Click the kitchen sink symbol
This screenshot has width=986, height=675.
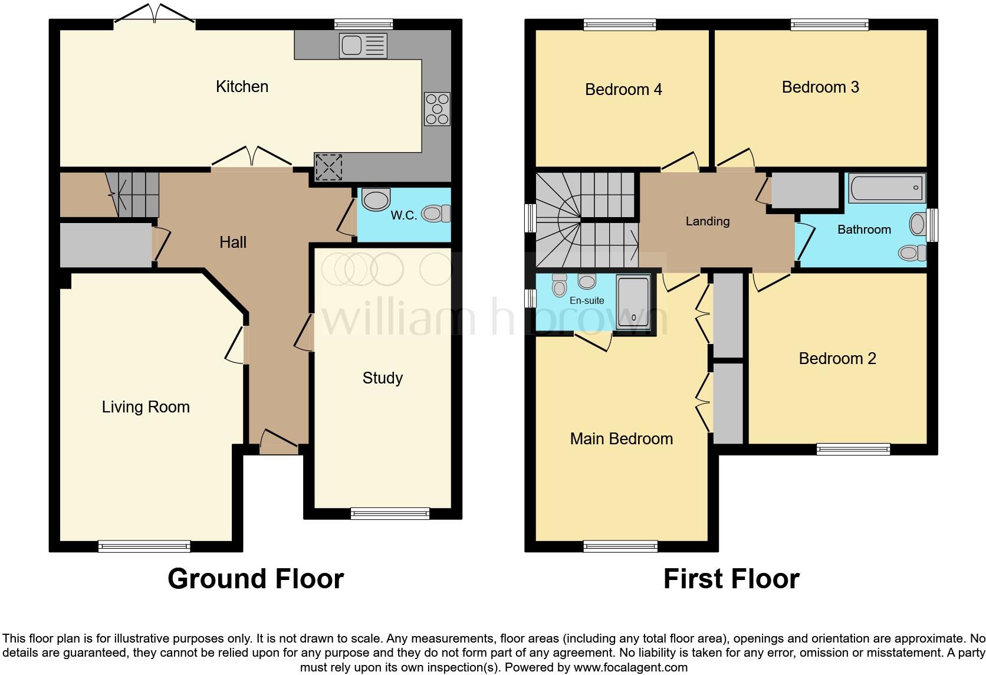point(363,45)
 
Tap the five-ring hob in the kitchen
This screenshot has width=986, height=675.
point(437,109)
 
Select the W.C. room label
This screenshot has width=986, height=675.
point(403,215)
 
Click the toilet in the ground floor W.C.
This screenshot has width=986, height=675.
point(437,213)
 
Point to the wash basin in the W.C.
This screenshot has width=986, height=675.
point(376,199)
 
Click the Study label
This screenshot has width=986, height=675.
point(382,378)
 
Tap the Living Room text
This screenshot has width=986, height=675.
point(146,407)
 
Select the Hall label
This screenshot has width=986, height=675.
point(233,242)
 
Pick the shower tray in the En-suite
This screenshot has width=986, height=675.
point(633,302)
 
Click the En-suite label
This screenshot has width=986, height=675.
point(587,300)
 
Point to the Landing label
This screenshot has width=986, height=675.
point(707,221)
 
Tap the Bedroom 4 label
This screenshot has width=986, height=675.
point(623,89)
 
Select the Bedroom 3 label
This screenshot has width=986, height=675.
point(820,87)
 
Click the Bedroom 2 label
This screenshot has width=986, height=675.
point(837,358)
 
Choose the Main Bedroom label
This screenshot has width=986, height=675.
point(621,438)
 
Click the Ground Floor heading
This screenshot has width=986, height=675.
point(255,579)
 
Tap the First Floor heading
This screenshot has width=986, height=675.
point(731,579)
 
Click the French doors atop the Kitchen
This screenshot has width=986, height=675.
point(155,14)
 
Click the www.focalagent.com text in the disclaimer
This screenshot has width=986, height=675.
point(630,667)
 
